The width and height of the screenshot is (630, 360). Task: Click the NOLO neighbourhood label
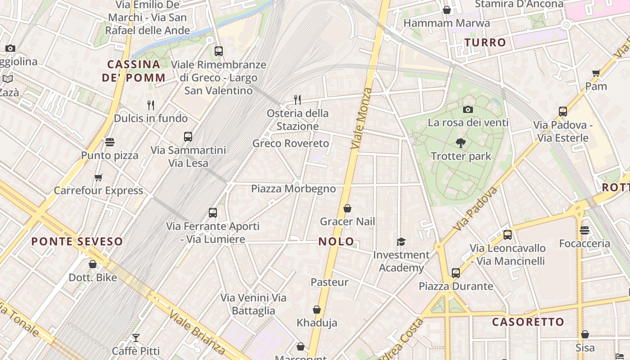pos(336,241)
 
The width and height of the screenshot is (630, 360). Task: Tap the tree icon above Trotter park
pos(461,144)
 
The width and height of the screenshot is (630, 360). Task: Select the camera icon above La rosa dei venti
pos(468,109)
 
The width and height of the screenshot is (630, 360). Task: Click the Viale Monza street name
pos(361,118)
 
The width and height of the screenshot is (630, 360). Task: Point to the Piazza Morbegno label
pos(293,189)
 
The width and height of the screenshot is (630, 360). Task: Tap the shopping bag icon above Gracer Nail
pos(347,208)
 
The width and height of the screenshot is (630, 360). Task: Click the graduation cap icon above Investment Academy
pos(401,242)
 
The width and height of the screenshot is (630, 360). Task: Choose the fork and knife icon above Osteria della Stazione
pos(297,99)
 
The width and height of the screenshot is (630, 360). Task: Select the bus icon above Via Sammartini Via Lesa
pos(188,137)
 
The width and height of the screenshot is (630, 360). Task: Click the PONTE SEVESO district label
pos(77,241)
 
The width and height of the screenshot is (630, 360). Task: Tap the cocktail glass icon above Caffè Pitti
pos(136,337)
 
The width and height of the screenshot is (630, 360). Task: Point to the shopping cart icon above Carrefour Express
pos(99,177)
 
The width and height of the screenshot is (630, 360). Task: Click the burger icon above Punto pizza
pos(110,142)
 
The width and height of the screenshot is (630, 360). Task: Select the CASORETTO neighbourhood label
pos(528,322)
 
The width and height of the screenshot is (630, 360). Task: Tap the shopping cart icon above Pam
pos(596,73)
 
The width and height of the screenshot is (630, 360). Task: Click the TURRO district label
pos(485,43)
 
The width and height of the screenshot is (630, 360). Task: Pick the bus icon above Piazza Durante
pos(456,273)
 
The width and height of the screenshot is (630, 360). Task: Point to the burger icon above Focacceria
pos(585,230)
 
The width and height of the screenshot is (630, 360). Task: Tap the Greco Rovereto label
pos(291,144)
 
